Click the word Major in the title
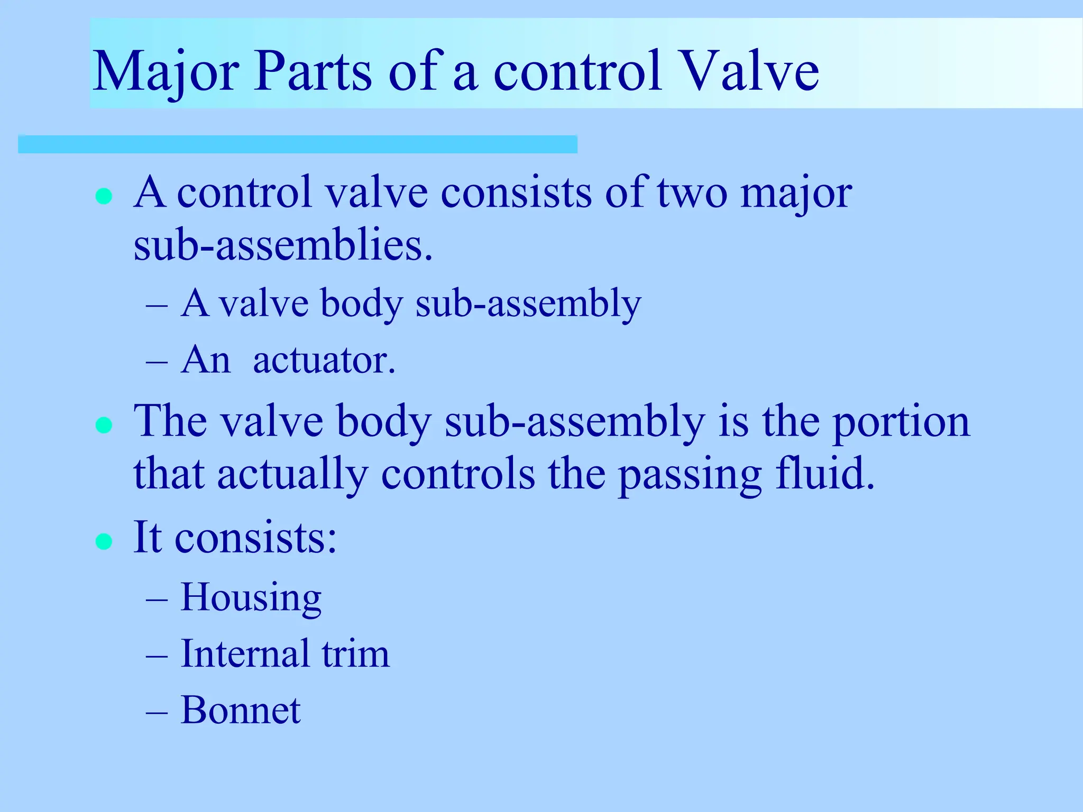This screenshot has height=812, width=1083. click(x=166, y=71)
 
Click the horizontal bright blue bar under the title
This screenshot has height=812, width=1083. click(x=297, y=144)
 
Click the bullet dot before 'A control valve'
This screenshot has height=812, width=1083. click(x=104, y=197)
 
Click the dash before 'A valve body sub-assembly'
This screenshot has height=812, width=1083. click(x=157, y=305)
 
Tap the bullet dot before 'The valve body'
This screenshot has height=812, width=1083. click(x=104, y=425)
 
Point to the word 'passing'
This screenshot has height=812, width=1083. click(x=690, y=476)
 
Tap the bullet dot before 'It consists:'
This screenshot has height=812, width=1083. click(x=104, y=541)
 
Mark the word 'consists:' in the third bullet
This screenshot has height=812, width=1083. click(x=255, y=538)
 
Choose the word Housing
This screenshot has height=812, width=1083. click(x=251, y=597)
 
